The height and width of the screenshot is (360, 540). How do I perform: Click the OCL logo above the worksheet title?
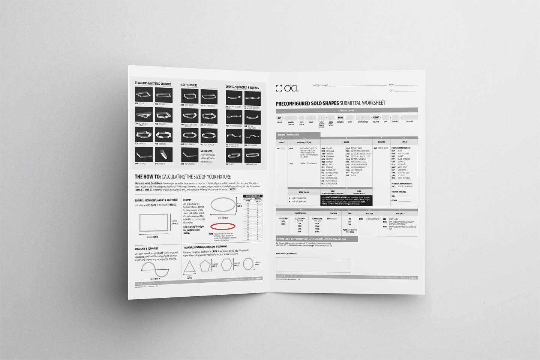[x=288, y=88]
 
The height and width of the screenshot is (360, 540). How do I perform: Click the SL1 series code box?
[x=279, y=118]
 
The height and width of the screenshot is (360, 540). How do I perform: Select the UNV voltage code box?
[x=376, y=117]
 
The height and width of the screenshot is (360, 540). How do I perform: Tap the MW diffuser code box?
[x=340, y=118]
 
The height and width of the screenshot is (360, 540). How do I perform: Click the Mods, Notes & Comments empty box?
[x=313, y=265]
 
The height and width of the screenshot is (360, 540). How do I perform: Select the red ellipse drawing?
[x=223, y=226]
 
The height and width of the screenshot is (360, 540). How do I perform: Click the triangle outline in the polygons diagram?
[x=189, y=267]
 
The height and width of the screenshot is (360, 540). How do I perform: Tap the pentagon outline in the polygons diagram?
[x=205, y=265]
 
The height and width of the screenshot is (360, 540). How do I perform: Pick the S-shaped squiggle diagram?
[x=155, y=269]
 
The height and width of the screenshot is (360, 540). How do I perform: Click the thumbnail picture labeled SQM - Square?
[x=144, y=94]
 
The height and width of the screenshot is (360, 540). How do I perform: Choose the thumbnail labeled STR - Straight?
[x=164, y=154]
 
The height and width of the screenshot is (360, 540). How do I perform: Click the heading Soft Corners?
[x=189, y=85]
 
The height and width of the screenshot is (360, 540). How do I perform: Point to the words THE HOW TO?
[x=148, y=177]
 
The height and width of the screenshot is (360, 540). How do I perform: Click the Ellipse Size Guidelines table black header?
[x=253, y=196]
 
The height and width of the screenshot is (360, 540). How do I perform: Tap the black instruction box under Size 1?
[x=346, y=200]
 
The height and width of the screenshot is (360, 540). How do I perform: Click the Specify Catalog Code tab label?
[x=288, y=135]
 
